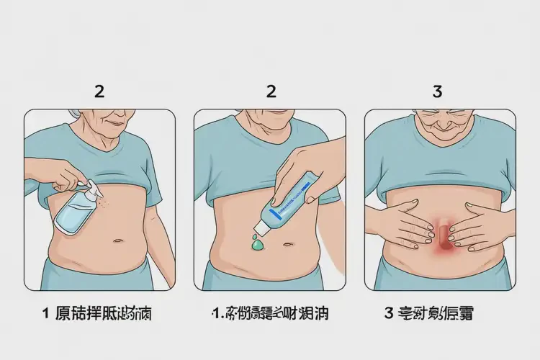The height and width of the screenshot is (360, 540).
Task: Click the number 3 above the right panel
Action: (x=437, y=91)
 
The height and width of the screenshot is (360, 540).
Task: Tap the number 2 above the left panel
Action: (x=99, y=91)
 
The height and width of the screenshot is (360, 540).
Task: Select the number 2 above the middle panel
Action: (x=271, y=91)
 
